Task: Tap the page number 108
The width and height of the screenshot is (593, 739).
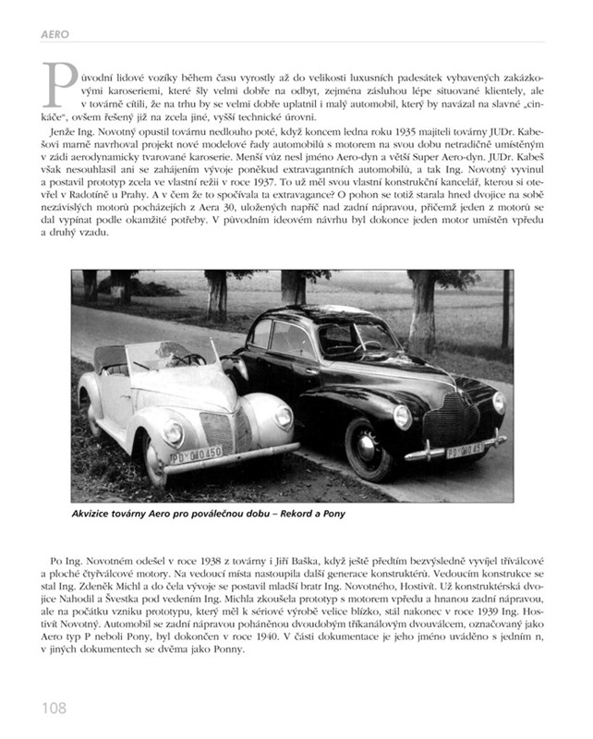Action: pos(54,709)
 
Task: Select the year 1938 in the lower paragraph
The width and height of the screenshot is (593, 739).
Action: pos(158,562)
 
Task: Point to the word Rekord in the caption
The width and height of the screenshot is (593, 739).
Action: pos(294,514)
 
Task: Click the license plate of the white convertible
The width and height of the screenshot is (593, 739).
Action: pos(196,454)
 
